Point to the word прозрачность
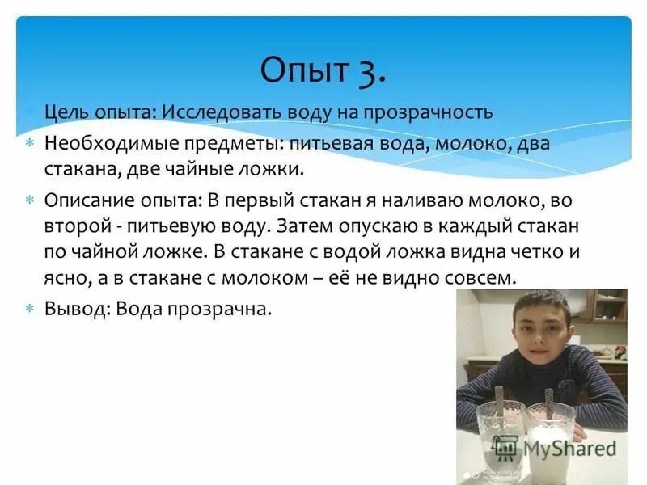coord(428,112)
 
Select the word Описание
coord(85,199)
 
